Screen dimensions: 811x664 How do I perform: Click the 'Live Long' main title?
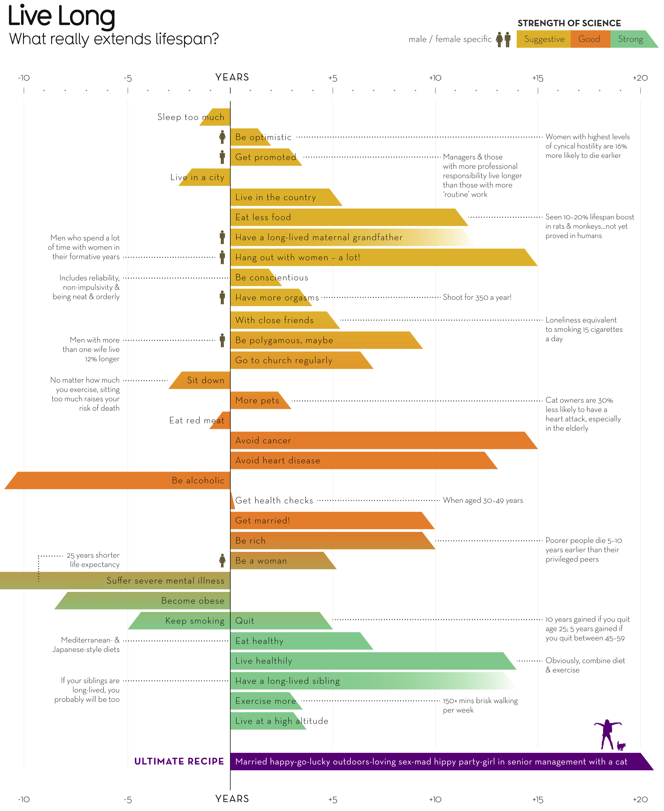[61, 16]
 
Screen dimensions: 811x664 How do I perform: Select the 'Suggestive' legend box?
[543, 39]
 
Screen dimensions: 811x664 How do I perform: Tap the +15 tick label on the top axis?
[537, 78]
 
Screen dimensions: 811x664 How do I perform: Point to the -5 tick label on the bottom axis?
[128, 800]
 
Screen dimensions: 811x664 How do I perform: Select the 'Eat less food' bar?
[344, 217]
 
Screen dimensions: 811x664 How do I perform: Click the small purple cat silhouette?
[621, 746]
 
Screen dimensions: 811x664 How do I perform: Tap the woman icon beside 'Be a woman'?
[222, 561]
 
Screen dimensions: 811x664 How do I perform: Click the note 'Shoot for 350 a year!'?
[477, 297]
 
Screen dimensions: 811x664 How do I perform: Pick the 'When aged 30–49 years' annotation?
[483, 500]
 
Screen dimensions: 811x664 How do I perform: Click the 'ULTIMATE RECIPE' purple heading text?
[179, 761]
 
